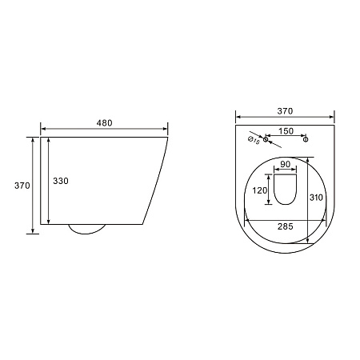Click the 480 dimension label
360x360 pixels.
click(104, 123)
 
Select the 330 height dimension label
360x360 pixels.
click(61, 181)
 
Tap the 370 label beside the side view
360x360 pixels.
click(22, 186)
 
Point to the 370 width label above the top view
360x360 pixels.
click(285, 111)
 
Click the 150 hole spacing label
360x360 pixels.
click(286, 131)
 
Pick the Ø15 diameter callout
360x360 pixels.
click(254, 140)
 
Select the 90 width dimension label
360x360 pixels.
click(286, 164)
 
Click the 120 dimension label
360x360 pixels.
click(260, 190)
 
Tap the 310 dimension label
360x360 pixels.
click(316, 198)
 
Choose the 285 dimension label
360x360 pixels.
click(286, 226)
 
